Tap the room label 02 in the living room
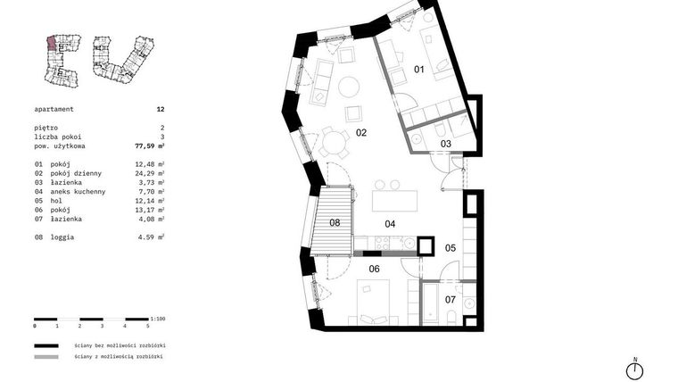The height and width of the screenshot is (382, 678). click(x=361, y=133)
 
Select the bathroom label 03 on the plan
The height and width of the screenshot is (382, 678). click(x=445, y=144)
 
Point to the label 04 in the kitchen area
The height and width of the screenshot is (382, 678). click(x=389, y=224)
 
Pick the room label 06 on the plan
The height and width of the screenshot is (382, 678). click(x=374, y=268)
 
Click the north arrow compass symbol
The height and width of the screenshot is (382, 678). click(x=635, y=370)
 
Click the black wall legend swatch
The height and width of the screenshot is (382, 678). click(x=46, y=345)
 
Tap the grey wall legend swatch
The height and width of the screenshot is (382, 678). click(x=46, y=357)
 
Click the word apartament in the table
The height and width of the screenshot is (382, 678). click(x=54, y=108)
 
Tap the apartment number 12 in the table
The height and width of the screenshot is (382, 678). click(x=161, y=108)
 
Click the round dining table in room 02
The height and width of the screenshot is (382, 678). click(x=335, y=140)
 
